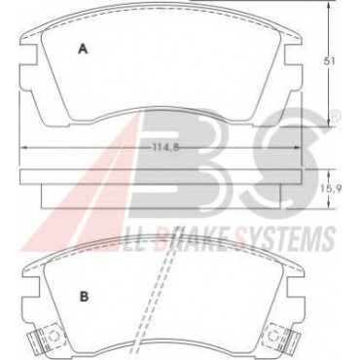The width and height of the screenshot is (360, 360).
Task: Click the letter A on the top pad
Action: tap(84, 49)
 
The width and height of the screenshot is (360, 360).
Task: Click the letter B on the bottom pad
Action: tap(85, 296)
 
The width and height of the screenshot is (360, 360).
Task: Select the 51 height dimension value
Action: tap(330, 61)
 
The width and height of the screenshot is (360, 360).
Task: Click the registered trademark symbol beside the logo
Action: tap(336, 115)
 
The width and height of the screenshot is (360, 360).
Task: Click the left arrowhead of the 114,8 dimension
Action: tap(24, 148)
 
